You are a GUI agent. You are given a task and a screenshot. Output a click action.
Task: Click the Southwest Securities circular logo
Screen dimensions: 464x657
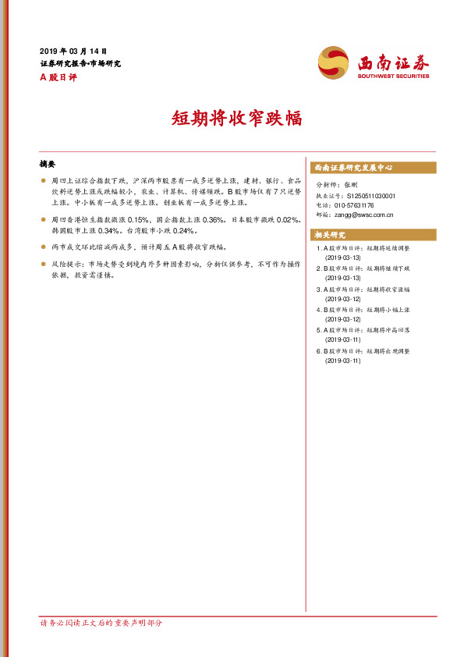(x=334, y=63)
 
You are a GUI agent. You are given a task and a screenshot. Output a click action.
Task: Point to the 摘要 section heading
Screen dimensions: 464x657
(x=48, y=165)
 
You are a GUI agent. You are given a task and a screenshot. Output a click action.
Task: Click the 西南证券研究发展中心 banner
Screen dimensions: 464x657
(x=373, y=168)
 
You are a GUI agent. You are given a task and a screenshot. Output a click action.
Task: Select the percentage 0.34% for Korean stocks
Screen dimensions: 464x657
(x=109, y=231)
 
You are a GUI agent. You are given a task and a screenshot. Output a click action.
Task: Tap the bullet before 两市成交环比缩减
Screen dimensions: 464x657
(x=43, y=247)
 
